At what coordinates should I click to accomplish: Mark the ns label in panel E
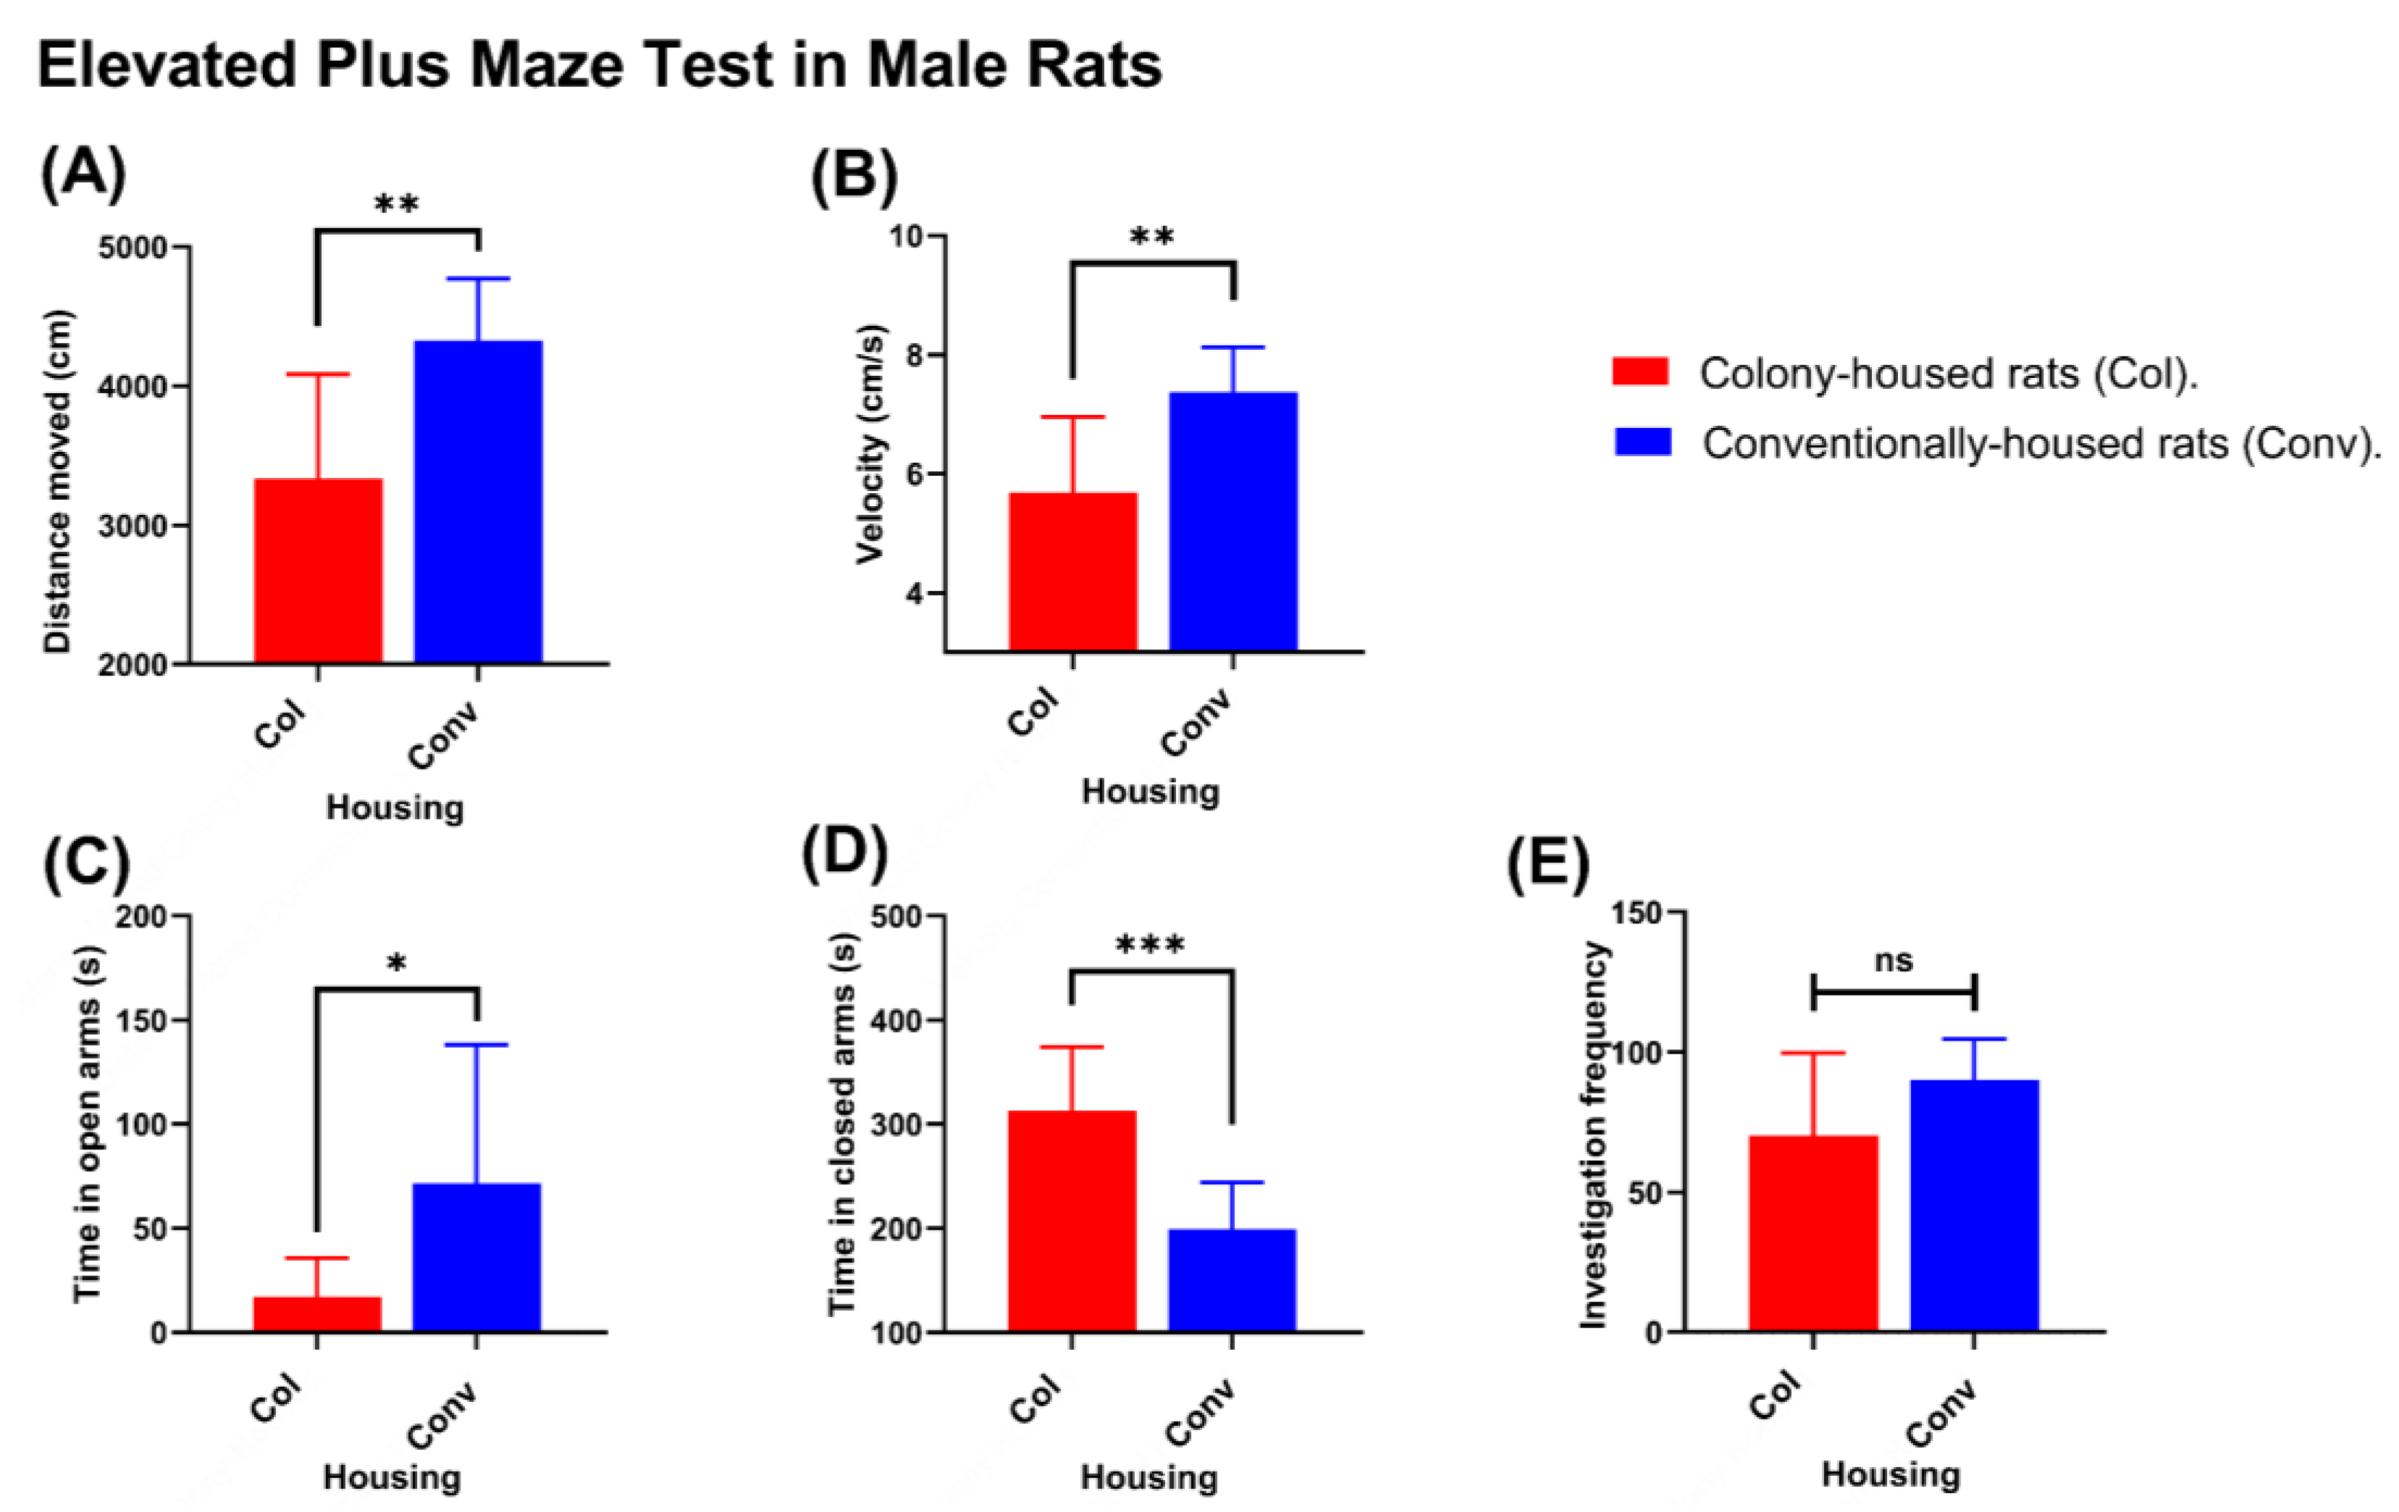coord(1893,961)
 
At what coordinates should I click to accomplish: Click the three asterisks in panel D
coord(1150,944)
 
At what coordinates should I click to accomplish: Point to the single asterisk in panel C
coord(397,963)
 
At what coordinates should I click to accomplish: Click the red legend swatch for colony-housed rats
coord(1640,372)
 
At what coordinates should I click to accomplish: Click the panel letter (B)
coord(854,176)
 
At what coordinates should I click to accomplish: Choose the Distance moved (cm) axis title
coord(58,482)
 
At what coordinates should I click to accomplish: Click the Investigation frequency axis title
coord(1594,1135)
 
